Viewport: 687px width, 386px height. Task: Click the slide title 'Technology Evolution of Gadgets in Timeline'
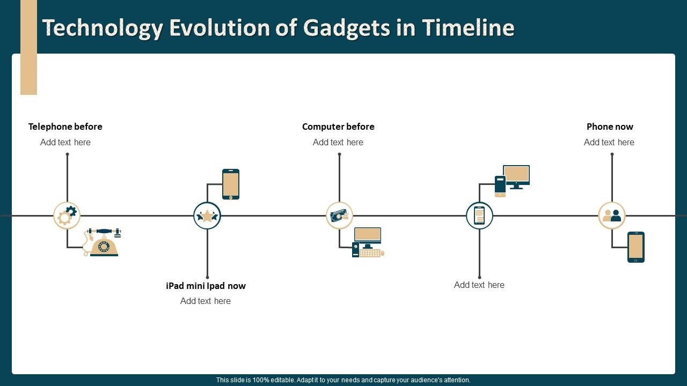[278, 28]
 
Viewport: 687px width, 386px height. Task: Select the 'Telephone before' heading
[65, 127]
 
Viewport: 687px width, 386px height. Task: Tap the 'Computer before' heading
[338, 127]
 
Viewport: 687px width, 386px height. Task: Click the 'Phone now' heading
[610, 127]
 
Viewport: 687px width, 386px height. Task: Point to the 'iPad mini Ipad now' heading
[206, 286]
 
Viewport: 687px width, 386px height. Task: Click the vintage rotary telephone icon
[103, 242]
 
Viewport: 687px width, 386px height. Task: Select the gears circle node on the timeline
[67, 216]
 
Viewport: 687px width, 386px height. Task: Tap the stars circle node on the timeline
[207, 216]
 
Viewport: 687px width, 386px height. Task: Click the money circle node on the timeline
[339, 216]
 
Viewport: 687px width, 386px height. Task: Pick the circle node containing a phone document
[479, 216]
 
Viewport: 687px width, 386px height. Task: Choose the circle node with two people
[612, 216]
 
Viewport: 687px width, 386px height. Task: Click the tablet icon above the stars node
[231, 184]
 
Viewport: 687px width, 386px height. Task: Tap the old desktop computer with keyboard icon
[368, 242]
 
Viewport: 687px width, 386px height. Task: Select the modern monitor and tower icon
[512, 180]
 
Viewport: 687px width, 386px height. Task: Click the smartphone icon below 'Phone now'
[636, 247]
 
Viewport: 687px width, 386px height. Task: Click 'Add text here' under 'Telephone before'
[65, 142]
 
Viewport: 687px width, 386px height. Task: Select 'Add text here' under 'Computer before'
[338, 142]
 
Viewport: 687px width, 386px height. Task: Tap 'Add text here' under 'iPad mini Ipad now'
[206, 301]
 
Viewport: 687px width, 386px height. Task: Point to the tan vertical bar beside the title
[28, 47]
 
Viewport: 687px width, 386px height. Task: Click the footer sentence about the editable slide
[343, 380]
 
